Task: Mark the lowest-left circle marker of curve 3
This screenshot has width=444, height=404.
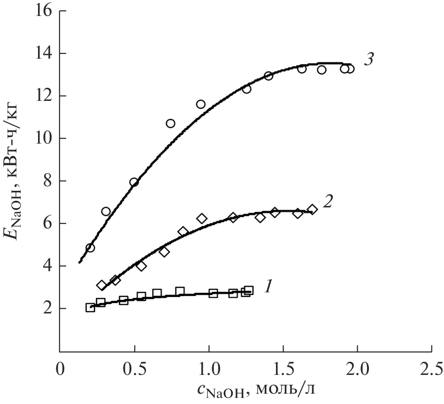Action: (x=90, y=248)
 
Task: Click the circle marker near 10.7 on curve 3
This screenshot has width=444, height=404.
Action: (x=170, y=123)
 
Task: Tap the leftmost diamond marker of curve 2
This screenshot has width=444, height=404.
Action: (x=102, y=285)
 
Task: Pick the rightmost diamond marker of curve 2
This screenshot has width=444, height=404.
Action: (x=312, y=209)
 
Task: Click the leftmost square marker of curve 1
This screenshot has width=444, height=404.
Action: (x=90, y=307)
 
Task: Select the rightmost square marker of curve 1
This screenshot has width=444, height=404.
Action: (x=249, y=290)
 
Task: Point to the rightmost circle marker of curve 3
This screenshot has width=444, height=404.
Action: (x=350, y=69)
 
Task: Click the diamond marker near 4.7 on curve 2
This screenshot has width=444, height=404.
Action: (x=164, y=252)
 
